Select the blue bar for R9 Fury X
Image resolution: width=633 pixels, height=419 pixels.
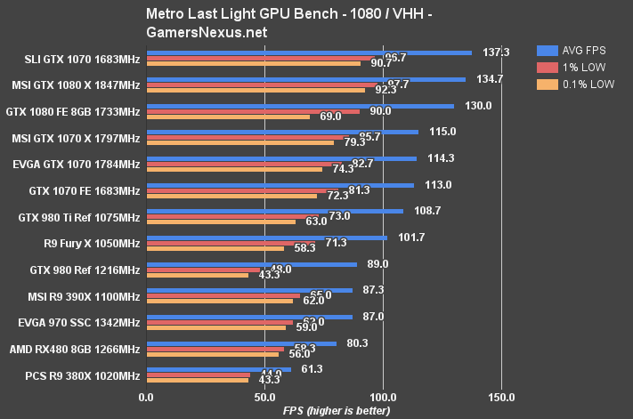point(266,238)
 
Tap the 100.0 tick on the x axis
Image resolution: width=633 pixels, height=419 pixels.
point(383,397)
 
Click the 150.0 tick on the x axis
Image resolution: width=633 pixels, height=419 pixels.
point(501,397)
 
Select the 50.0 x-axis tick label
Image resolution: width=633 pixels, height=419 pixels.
point(264,397)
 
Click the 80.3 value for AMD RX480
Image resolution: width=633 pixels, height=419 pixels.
point(357,342)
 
